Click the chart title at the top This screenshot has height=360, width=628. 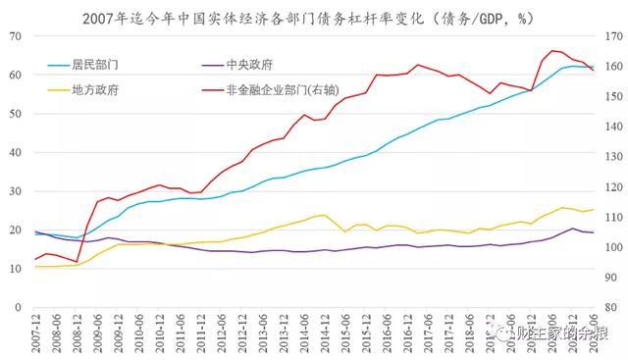314,14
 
